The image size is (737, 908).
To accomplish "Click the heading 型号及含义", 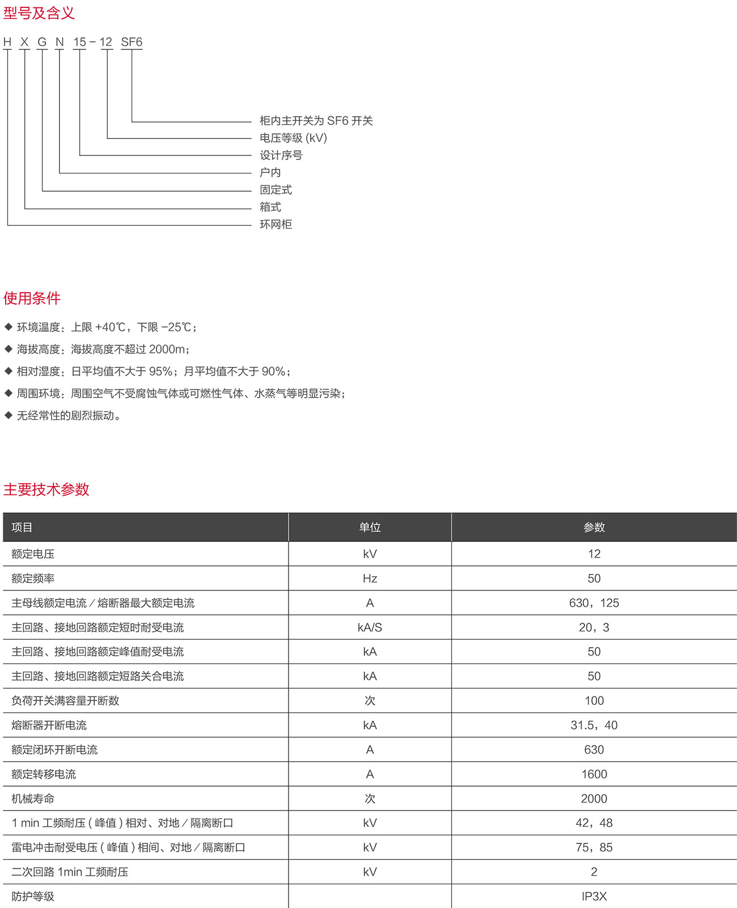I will (39, 12).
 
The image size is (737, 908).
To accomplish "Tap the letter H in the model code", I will (7, 42).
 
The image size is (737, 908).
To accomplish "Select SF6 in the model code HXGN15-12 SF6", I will (132, 42).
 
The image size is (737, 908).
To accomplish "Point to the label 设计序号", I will (281, 155).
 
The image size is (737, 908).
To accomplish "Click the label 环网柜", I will (276, 225).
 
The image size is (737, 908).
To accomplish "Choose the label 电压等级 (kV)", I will (293, 138).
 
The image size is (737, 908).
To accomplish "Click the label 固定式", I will (276, 190).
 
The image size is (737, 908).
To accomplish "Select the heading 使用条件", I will (32, 298).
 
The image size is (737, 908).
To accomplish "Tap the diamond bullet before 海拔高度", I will (8, 349).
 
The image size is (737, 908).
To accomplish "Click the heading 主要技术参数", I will (46, 489).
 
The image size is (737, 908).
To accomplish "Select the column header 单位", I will (370, 527).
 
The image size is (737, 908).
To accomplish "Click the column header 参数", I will (594, 527).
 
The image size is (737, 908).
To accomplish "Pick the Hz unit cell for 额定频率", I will (370, 578).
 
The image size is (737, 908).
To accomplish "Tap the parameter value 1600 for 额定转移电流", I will (594, 774).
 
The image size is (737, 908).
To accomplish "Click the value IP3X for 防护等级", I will (594, 897).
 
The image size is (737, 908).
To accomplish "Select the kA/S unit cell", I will (370, 627).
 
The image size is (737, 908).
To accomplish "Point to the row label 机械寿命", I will (33, 799).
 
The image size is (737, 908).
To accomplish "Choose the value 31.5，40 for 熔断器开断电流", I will (594, 725).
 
